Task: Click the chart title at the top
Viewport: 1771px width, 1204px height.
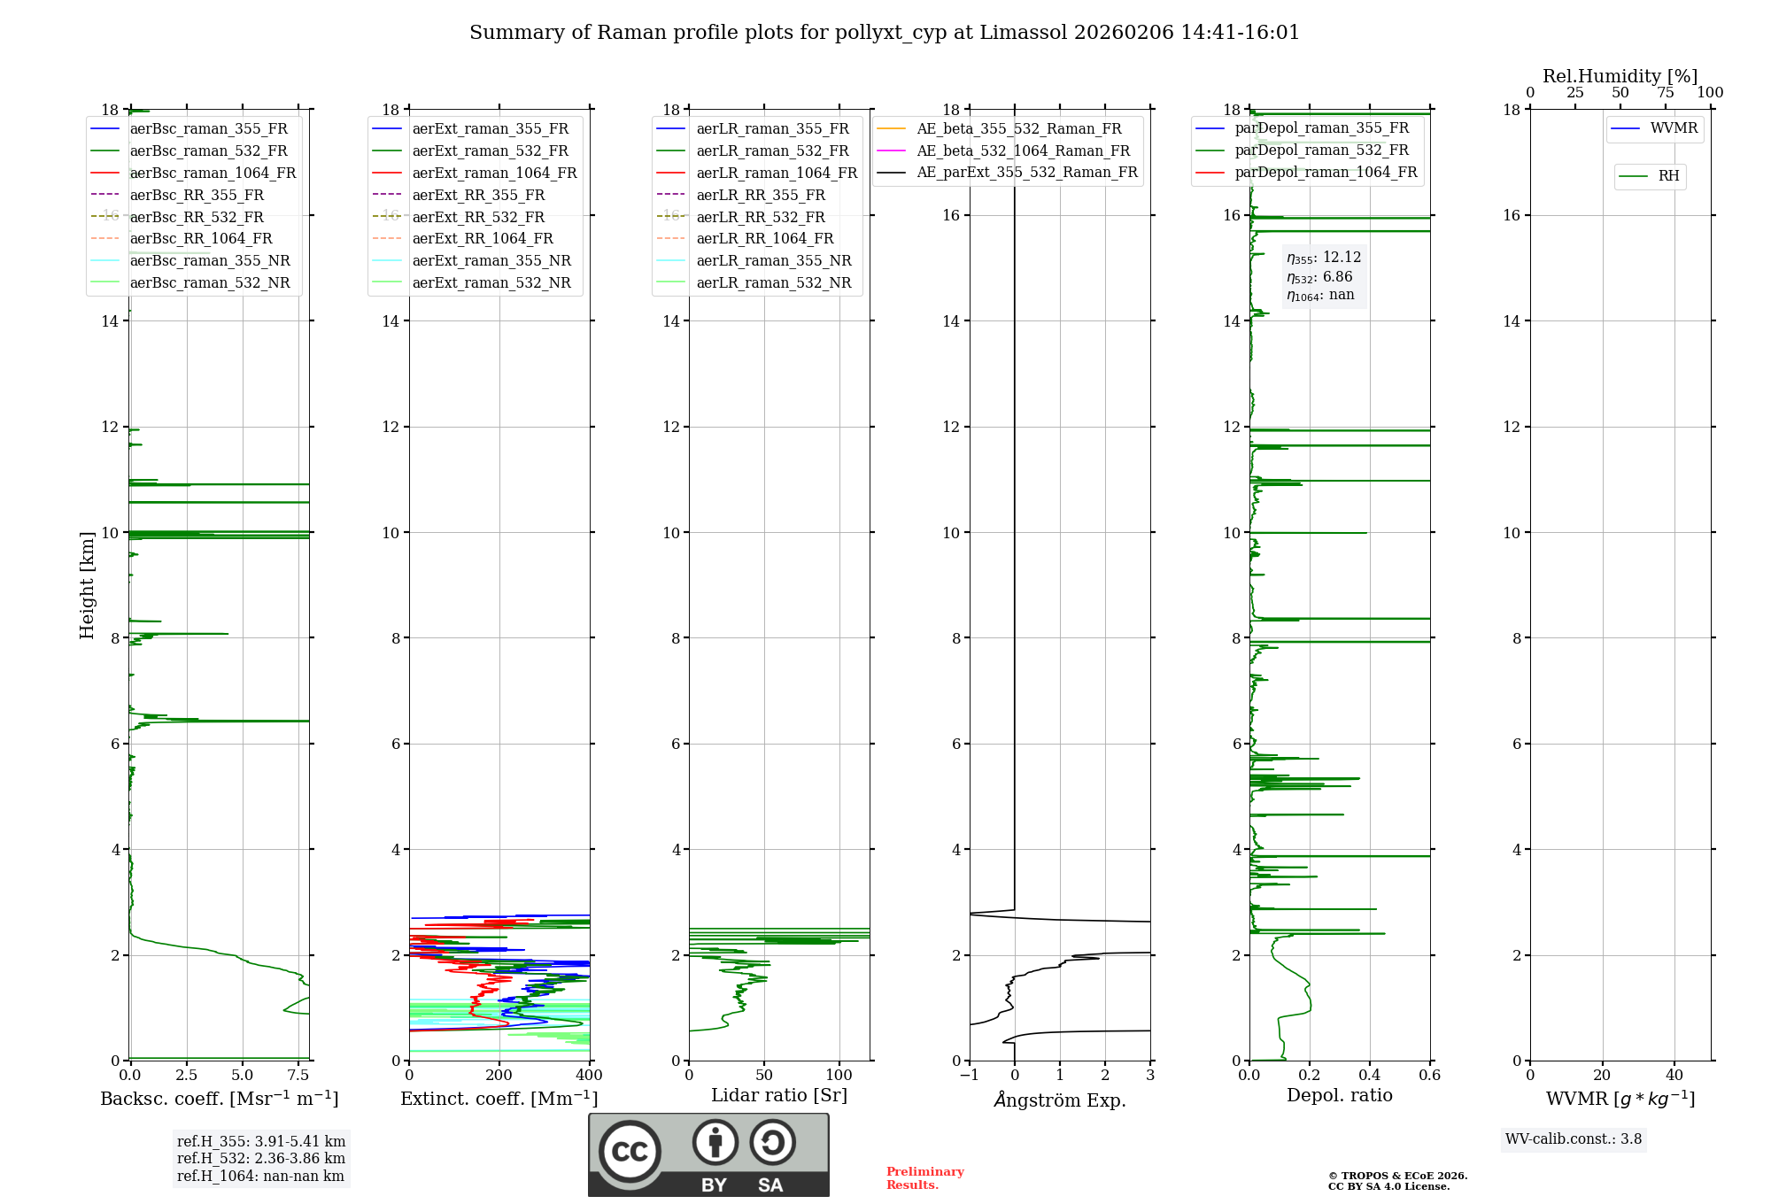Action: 884,33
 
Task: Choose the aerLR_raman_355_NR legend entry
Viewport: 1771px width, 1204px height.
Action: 773,260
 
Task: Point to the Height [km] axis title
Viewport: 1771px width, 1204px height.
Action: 87,585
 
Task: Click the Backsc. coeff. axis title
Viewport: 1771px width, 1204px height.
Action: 219,1099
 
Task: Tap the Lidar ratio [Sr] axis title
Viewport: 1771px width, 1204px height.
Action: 778,1095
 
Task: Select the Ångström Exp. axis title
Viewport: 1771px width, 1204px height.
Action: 1059,1100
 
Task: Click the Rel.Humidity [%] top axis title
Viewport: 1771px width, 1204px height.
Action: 1620,76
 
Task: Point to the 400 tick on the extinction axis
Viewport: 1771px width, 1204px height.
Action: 589,1076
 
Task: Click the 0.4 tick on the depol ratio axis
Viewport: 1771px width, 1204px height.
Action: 1369,1076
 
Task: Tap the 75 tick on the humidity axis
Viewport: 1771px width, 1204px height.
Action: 1665,93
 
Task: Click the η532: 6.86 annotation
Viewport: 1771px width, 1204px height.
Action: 1319,277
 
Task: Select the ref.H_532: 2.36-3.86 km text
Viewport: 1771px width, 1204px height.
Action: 260,1158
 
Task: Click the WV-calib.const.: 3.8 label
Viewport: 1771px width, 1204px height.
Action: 1573,1138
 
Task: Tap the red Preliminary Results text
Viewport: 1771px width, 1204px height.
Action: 924,1178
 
